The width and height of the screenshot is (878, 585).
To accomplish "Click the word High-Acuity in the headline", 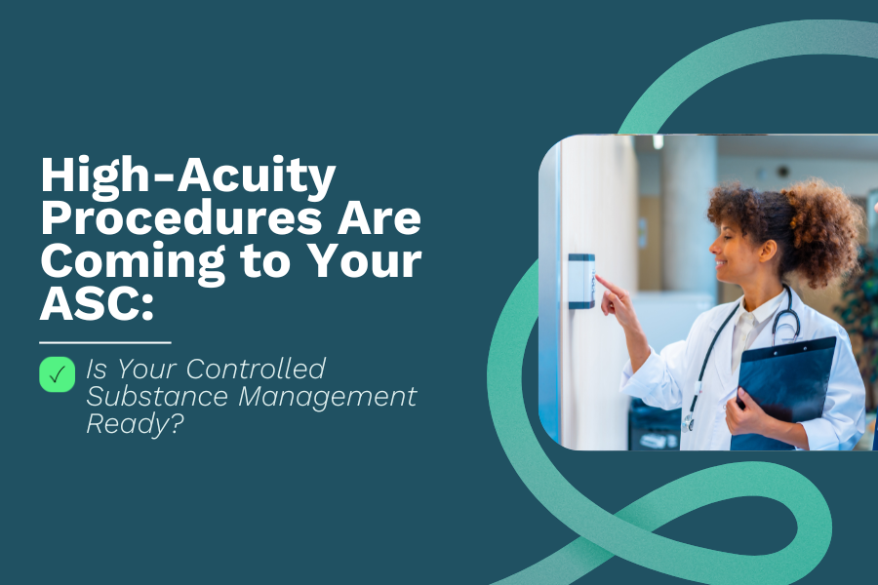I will pos(187,178).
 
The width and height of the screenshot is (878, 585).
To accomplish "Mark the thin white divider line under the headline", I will pos(105,343).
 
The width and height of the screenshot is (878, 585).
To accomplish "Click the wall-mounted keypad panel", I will pos(580,281).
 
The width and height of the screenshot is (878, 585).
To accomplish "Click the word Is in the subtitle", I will pos(96,370).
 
